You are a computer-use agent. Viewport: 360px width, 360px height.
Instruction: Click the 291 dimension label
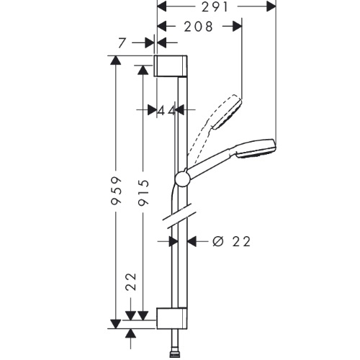[215, 7]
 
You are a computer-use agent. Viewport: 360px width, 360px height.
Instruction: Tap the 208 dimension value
[199, 27]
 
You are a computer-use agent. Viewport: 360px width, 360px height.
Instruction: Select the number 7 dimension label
[122, 43]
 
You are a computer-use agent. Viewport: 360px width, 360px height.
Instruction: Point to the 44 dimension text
[166, 111]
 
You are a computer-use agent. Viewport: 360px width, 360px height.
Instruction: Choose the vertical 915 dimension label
[143, 193]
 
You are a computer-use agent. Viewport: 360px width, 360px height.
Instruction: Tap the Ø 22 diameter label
[232, 241]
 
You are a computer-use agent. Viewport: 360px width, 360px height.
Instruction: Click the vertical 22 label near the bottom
[131, 282]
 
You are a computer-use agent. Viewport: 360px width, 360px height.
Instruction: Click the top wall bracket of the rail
[171, 66]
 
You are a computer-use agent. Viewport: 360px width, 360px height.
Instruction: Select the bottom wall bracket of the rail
[172, 318]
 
